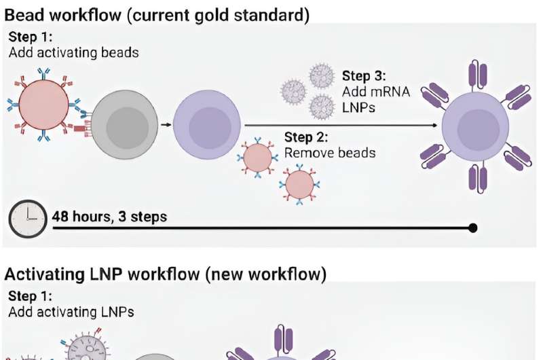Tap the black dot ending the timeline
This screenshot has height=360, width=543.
(473, 228)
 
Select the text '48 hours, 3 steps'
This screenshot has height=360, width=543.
(110, 217)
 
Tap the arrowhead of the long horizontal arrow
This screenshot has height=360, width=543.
(433, 125)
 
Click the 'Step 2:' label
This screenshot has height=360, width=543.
(306, 138)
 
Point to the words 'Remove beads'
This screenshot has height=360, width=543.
(329, 153)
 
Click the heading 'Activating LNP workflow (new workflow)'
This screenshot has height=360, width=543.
(166, 274)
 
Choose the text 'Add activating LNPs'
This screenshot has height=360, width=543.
(71, 312)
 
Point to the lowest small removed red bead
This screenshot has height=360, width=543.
(299, 183)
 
